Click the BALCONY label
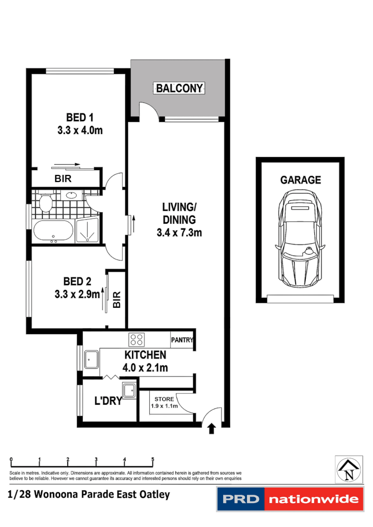pyautogui.click(x=179, y=88)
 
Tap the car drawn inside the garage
pyautogui.click(x=300, y=241)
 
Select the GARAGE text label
pyautogui.click(x=300, y=180)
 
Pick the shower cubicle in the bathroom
pyautogui.click(x=88, y=231)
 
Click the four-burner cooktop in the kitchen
pyautogui.click(x=137, y=340)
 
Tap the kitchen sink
pyautogui.click(x=91, y=359)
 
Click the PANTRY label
pyautogui.click(x=181, y=341)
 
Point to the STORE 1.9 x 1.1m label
pyautogui.click(x=164, y=402)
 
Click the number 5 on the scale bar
pyautogui.click(x=153, y=459)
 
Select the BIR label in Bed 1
pyautogui.click(x=62, y=179)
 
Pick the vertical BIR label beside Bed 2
pyautogui.click(x=117, y=299)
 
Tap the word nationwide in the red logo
pyautogui.click(x=313, y=500)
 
